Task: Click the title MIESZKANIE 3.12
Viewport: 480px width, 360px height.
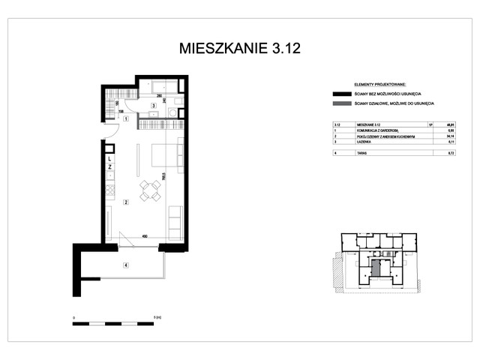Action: [x=240, y=49]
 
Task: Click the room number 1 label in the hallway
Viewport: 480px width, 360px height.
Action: [x=126, y=118]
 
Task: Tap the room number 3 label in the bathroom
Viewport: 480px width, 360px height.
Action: [x=153, y=106]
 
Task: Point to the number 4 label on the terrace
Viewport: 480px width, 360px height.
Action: [x=126, y=264]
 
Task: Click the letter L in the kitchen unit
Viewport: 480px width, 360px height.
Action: [x=109, y=159]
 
